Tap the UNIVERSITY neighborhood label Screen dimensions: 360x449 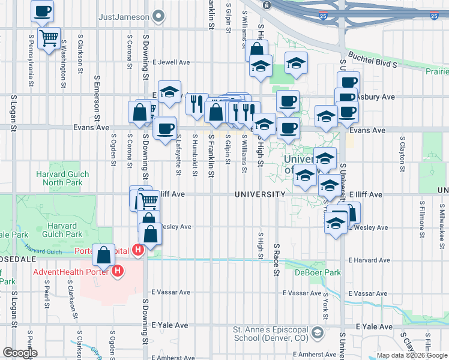[x=260, y=194]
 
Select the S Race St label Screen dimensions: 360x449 [x=277, y=259]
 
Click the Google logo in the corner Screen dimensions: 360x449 [x=20, y=353]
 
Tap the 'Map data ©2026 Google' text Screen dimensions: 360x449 [x=412, y=355]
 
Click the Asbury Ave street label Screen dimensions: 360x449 [x=375, y=96]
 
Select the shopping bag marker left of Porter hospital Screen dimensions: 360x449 [x=104, y=254]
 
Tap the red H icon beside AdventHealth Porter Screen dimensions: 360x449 [x=118, y=272]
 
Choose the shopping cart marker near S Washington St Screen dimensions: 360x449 [x=49, y=38]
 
